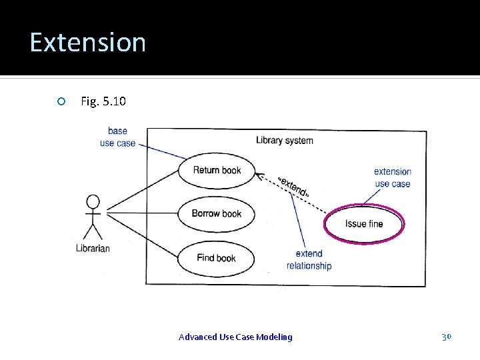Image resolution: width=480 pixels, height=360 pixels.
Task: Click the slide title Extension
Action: [87, 42]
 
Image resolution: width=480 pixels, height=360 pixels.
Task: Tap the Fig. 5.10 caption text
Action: [103, 101]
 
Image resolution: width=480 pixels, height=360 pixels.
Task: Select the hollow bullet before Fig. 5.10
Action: [61, 101]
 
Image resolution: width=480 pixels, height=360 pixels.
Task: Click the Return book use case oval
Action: [217, 170]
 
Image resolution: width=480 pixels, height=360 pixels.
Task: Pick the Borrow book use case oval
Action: [217, 214]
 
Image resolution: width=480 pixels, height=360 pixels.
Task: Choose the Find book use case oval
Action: [217, 258]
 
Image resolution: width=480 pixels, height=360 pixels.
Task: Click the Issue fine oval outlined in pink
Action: [364, 224]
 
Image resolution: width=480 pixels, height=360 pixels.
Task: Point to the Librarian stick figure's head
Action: [93, 201]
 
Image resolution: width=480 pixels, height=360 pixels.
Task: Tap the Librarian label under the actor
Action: [93, 249]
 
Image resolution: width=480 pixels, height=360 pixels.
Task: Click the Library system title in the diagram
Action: [284, 140]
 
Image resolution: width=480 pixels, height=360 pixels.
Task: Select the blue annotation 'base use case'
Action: [117, 137]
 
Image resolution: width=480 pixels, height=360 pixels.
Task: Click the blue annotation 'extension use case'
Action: [393, 177]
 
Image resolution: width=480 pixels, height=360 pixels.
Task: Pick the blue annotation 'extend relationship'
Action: [309, 259]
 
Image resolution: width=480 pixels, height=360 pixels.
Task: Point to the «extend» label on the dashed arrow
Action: [292, 186]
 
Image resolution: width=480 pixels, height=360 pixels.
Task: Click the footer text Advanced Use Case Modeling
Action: [235, 337]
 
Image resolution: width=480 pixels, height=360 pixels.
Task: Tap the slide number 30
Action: [447, 337]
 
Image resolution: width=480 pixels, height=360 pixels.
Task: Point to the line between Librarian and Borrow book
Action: [143, 213]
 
